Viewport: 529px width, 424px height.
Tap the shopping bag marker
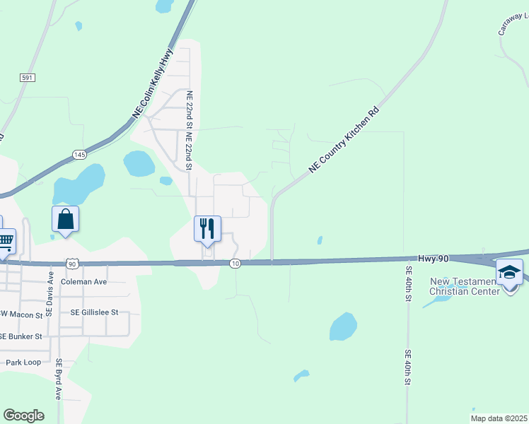[65, 219]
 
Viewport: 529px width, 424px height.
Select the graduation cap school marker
[509, 272]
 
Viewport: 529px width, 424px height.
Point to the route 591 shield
[28, 78]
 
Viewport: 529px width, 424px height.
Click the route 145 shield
[79, 154]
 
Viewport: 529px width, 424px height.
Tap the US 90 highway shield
[72, 264]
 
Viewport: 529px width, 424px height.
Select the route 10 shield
[236, 264]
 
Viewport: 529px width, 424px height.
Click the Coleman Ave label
[83, 281]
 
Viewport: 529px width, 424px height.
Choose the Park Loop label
[23, 363]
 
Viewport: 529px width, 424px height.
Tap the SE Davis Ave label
[50, 292]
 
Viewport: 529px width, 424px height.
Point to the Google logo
[23, 416]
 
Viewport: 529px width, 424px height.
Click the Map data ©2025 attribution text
[499, 418]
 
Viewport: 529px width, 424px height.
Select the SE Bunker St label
[21, 336]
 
